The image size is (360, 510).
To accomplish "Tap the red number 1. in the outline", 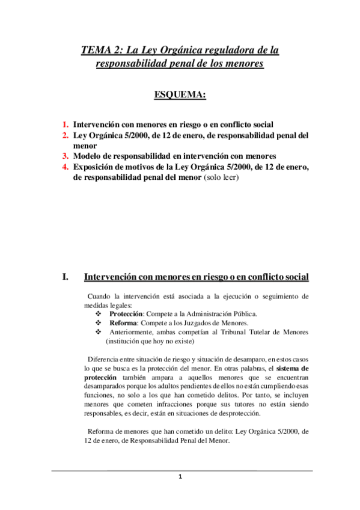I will coord(66,124).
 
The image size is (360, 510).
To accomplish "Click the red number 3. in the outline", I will coord(66,155).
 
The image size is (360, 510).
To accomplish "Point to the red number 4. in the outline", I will coord(66,165).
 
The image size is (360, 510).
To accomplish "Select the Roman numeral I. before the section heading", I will coord(65,277).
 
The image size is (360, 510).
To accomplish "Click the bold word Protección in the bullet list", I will coord(126,314).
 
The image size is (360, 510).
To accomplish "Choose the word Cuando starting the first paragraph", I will coord(100,296).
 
